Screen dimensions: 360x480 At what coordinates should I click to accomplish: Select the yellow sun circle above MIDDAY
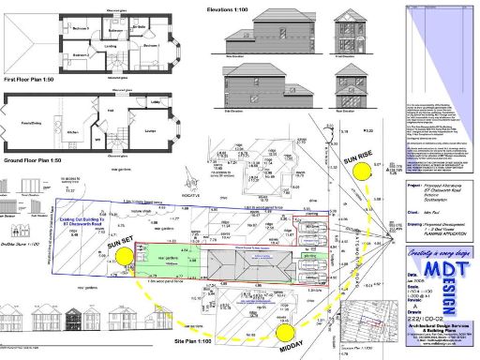tap(291, 333)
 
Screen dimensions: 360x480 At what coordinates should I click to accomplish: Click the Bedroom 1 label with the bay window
tap(148, 46)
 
